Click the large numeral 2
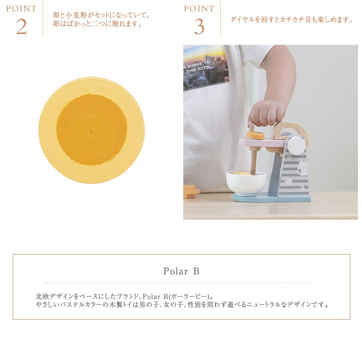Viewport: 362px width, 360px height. tap(21, 27)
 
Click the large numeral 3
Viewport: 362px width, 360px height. tap(199, 27)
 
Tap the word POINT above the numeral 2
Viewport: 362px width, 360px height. tap(21, 9)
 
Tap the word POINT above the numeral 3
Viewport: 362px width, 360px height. tap(199, 9)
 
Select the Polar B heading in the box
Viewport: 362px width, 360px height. tap(181, 271)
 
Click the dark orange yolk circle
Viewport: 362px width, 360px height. tap(92, 130)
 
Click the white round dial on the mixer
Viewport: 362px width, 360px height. tap(296, 144)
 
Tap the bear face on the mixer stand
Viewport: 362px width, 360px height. tap(302, 168)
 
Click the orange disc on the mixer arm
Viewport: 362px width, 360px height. tap(255, 135)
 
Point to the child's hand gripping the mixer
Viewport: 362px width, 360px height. tap(267, 113)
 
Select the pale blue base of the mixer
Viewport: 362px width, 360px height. tap(271, 198)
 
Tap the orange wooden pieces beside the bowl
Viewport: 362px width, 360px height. tap(191, 192)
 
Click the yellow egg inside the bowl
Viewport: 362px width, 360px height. tap(242, 173)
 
